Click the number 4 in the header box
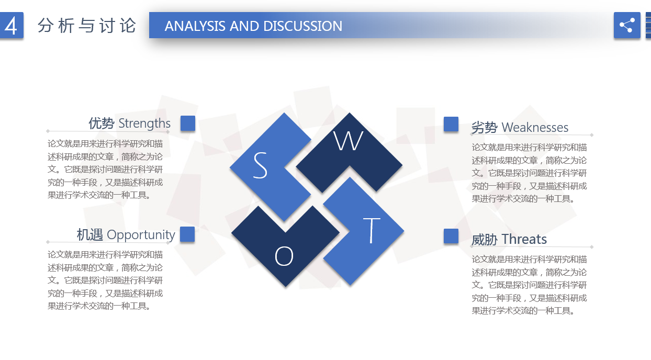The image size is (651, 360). point(11,26)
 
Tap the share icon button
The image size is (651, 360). point(627,25)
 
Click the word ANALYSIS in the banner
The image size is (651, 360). point(195,26)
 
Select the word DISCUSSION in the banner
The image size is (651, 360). point(303,26)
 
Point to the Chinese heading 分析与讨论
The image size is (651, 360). point(86,26)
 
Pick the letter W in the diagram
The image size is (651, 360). point(348,141)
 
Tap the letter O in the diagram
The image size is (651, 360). point(284,256)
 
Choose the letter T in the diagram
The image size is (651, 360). point(372,230)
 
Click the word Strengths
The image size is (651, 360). point(144,123)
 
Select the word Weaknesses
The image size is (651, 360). point(535,128)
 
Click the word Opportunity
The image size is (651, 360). point(141,235)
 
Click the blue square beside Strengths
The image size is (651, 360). point(188,123)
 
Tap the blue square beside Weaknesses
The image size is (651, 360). point(451,125)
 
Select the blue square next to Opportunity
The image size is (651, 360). point(187,234)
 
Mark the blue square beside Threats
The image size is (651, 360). point(451,236)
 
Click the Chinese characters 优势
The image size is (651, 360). point(102,123)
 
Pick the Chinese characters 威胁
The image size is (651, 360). point(484,240)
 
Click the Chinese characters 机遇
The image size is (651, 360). point(90,235)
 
